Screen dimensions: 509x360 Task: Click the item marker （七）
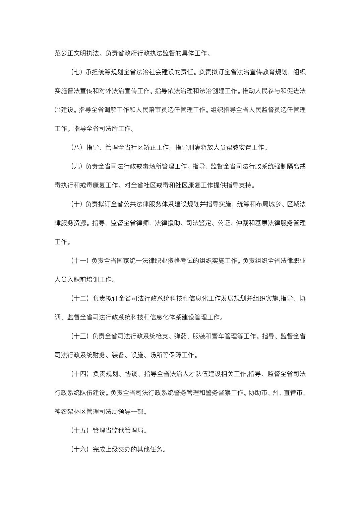(77, 72)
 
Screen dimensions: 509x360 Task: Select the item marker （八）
(77, 147)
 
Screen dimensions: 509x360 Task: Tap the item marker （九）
(77, 166)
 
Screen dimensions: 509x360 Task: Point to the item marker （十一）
(80, 261)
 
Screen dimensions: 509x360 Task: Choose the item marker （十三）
(80, 336)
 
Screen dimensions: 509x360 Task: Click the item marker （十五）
(80, 430)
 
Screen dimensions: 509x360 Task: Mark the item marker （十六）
(80, 449)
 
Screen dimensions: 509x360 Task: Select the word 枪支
(162, 336)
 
